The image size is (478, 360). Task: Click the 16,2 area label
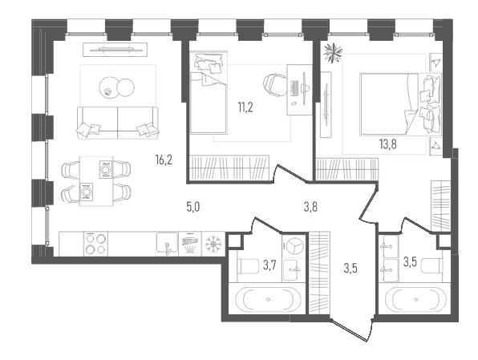pyautogui.click(x=164, y=160)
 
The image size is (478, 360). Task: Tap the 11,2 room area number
pyautogui.click(x=245, y=107)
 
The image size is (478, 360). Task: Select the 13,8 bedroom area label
pyautogui.click(x=387, y=144)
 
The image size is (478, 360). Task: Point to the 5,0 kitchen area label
pyautogui.click(x=193, y=208)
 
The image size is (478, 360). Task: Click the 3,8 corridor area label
pyautogui.click(x=310, y=207)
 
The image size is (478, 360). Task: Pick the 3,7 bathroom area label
pyautogui.click(x=269, y=265)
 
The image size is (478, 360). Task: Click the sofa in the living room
pyautogui.click(x=118, y=123)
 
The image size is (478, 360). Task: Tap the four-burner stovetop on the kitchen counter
pyautogui.click(x=95, y=244)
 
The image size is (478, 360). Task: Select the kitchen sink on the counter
pyautogui.click(x=167, y=243)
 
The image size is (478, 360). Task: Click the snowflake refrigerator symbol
pyautogui.click(x=213, y=244)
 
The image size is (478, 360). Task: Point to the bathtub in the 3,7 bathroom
pyautogui.click(x=268, y=299)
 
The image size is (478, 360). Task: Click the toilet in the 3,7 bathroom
pyautogui.click(x=248, y=266)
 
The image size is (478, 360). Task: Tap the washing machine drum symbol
pyautogui.click(x=294, y=245)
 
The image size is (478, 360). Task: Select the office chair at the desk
pyautogui.click(x=275, y=85)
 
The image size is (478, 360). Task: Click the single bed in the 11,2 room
pyautogui.click(x=209, y=93)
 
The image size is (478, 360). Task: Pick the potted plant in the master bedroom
pyautogui.click(x=333, y=53)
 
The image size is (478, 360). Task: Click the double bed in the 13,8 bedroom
pyautogui.click(x=400, y=104)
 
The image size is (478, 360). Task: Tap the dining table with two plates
pyautogui.click(x=96, y=181)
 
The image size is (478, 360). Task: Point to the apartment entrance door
pyautogui.click(x=350, y=330)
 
